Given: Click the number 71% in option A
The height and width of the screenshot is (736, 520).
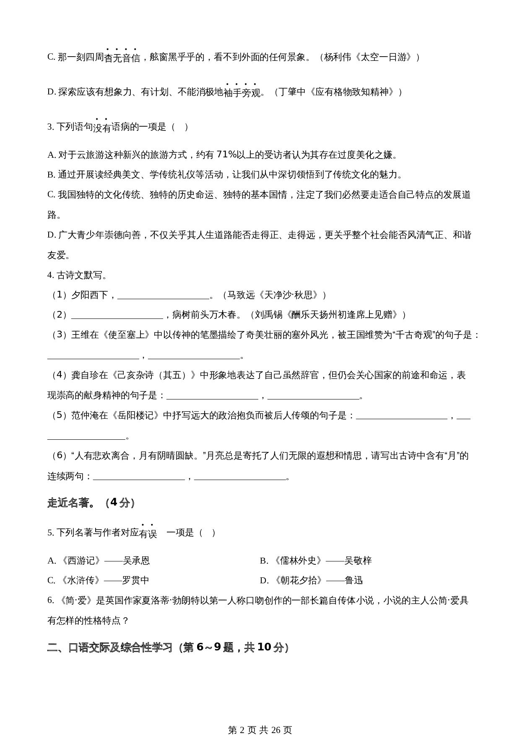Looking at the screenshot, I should coord(226,155).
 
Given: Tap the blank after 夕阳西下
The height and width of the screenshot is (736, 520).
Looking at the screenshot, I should coord(163,295).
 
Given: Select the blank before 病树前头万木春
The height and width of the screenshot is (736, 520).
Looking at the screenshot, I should coord(117,315).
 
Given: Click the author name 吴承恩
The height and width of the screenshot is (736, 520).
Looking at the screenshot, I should coord(136,561).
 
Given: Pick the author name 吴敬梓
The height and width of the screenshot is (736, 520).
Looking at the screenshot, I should coord(358,561).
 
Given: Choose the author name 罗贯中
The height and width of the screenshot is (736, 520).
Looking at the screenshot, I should coord(135,580).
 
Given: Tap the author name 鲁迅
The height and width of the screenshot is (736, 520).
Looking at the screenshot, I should coord(354,580).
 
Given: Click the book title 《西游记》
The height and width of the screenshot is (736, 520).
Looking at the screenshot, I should coord(81,561).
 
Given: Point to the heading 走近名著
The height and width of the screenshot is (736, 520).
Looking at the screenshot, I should coord(68,503).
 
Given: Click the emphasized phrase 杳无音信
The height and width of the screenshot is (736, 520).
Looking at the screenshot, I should coord(122,57).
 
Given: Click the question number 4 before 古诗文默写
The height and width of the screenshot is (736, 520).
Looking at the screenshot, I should coord(50,275).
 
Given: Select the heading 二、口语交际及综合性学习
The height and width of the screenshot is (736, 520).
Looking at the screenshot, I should coord(110,647).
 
